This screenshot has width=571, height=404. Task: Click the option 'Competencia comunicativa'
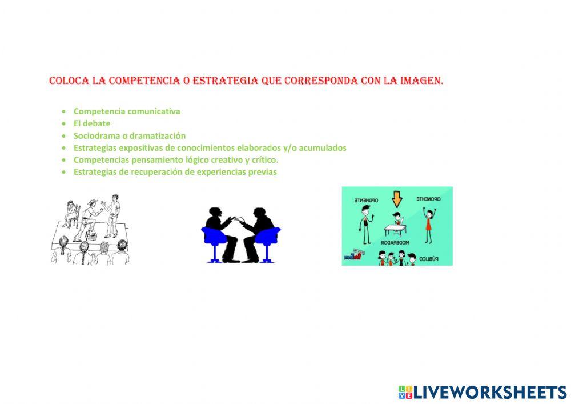click(127, 111)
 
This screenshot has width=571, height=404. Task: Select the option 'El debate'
click(92, 123)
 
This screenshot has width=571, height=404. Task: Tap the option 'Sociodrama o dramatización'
click(130, 136)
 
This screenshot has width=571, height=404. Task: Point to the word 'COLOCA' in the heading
click(69, 81)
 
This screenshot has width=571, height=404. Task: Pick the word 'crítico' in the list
click(262, 160)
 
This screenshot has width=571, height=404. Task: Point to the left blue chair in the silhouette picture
click(214, 240)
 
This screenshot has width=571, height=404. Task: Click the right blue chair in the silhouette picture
click(267, 240)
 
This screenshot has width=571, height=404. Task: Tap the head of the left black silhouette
click(216, 211)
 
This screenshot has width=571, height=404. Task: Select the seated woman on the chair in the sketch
click(73, 214)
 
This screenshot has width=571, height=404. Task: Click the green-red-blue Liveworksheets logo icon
click(405, 392)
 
